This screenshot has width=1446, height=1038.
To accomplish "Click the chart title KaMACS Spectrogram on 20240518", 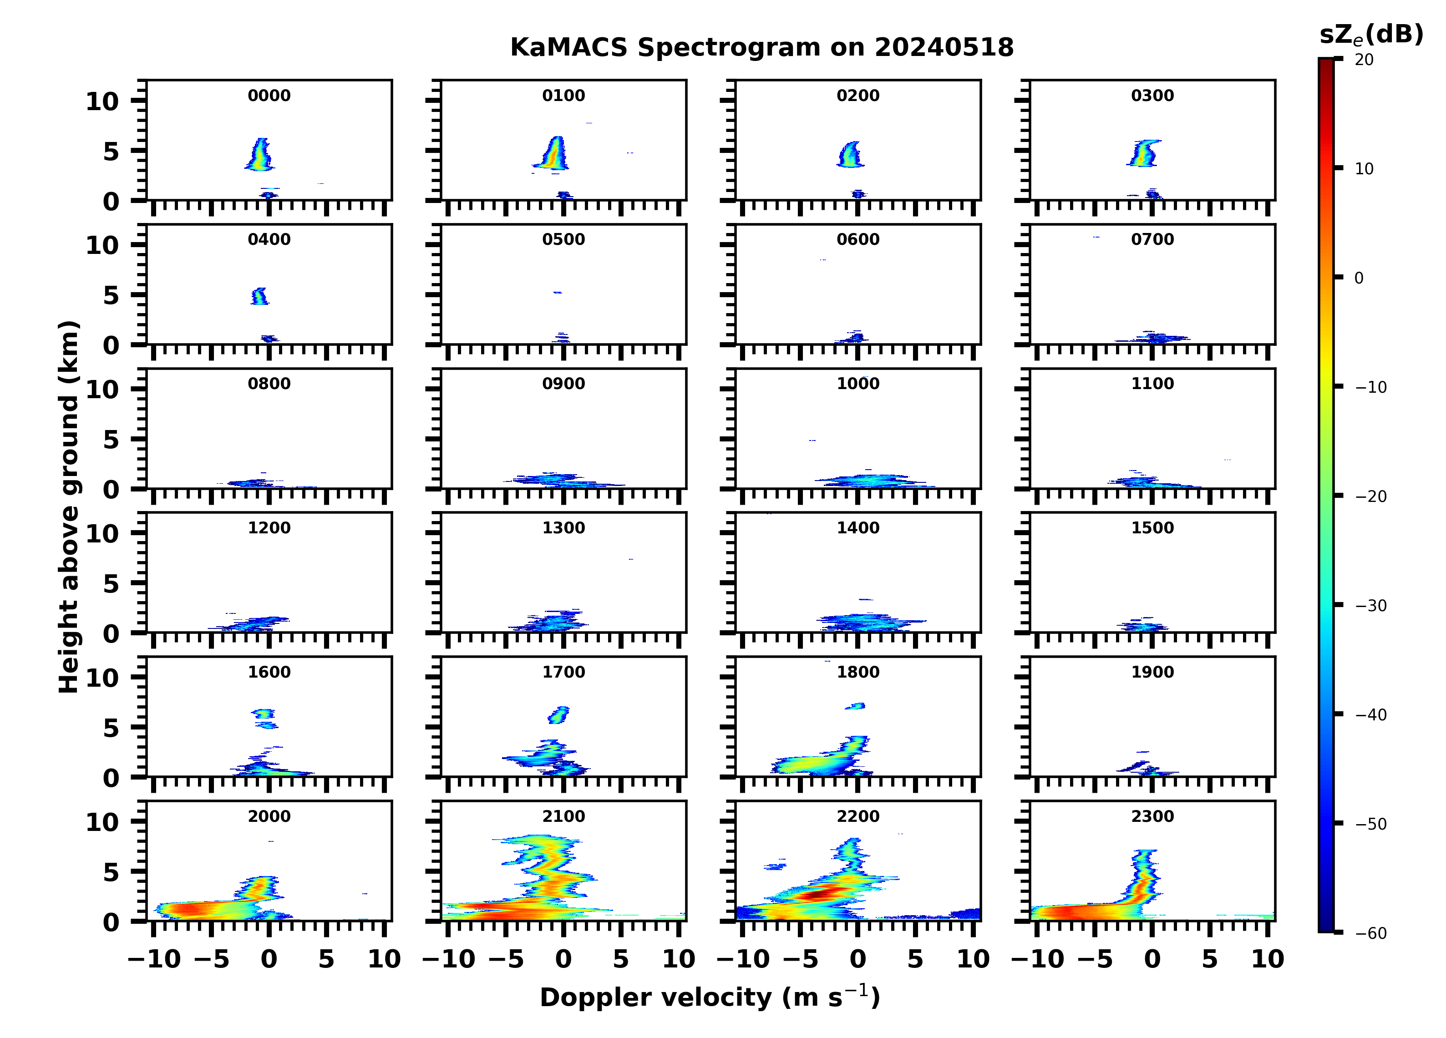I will [761, 48].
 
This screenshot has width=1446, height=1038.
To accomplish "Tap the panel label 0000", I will [269, 96].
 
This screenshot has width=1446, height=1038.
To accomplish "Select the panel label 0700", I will [1152, 240].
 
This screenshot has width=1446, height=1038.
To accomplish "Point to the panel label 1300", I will [563, 528].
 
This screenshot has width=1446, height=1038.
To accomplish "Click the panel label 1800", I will [857, 672].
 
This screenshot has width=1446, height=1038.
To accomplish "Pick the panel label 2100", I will [563, 816].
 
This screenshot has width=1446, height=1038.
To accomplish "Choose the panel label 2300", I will [1152, 816].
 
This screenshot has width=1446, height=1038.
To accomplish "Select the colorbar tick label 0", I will [1359, 278].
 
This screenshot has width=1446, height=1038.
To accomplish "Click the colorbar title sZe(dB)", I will [1371, 35].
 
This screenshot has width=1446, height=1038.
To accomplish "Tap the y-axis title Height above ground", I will [69, 507].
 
